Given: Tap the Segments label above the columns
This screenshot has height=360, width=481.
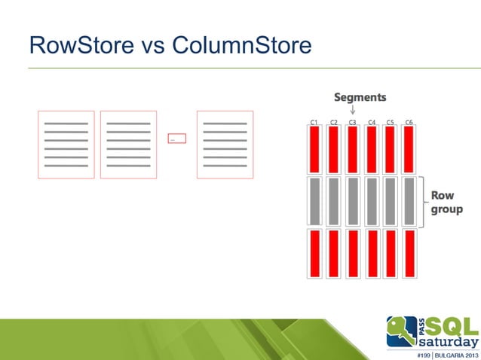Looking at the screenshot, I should [x=360, y=97].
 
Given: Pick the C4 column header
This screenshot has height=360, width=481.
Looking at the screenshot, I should [x=372, y=121].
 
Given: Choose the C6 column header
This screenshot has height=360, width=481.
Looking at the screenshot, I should [x=409, y=121].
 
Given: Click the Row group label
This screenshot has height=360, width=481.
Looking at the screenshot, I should [x=446, y=202].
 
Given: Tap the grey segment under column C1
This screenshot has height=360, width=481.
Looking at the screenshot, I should [x=314, y=201].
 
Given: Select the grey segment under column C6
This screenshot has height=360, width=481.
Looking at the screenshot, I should [x=409, y=201].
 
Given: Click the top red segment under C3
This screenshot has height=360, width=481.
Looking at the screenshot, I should [x=352, y=149].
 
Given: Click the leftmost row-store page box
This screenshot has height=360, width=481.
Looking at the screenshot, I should [x=66, y=145].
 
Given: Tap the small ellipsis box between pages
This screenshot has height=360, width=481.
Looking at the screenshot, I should [x=176, y=139].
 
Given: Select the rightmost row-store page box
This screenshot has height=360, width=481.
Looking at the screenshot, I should [x=225, y=145].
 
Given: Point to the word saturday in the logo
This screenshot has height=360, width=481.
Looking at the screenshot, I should [x=449, y=340].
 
